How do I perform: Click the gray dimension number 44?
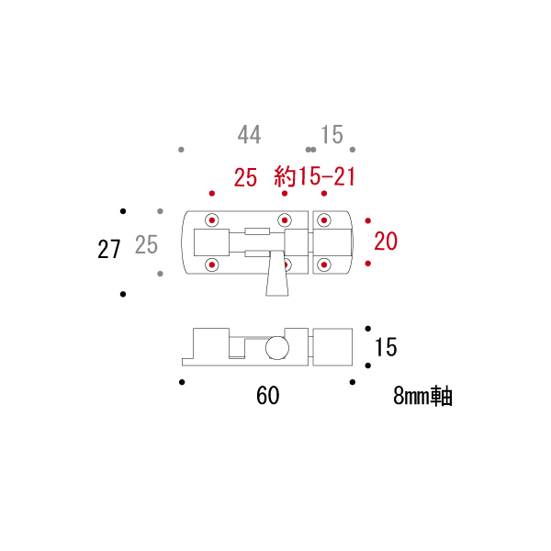(249, 135)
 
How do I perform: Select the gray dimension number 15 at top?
(332, 135)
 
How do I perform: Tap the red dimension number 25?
(245, 177)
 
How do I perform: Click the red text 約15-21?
(314, 176)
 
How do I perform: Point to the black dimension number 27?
(109, 250)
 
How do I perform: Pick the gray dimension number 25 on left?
(146, 245)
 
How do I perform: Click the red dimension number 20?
(386, 242)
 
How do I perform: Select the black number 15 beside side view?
(386, 347)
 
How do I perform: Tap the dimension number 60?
(268, 396)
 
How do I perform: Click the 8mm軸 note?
(422, 396)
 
